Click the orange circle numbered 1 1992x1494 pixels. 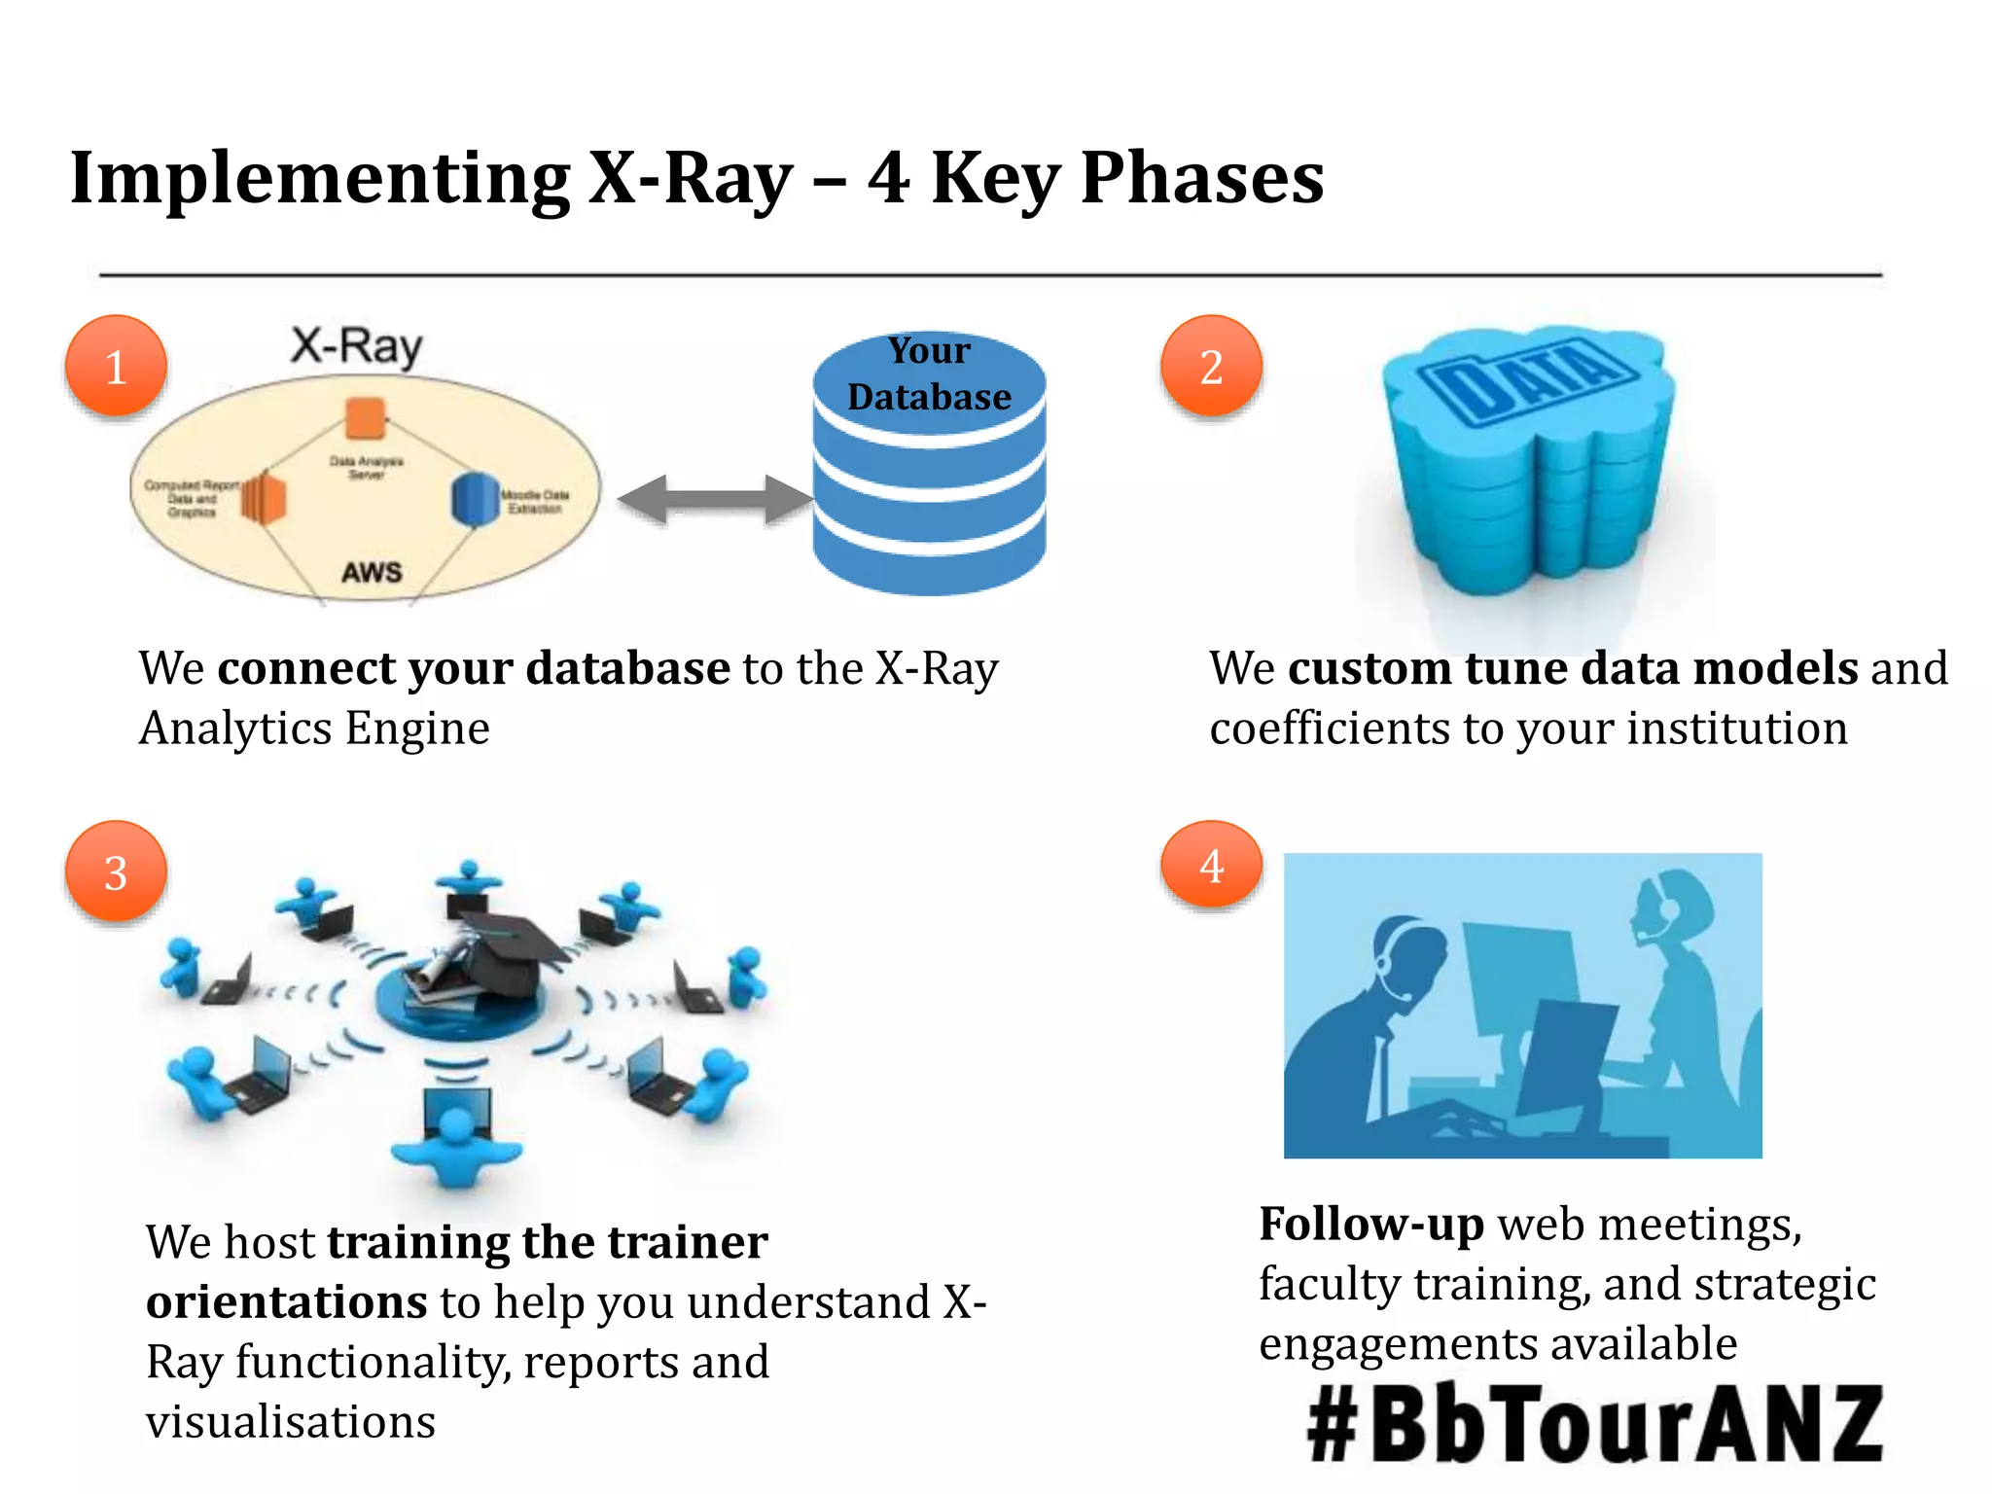(x=116, y=367)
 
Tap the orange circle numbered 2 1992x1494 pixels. (x=1211, y=367)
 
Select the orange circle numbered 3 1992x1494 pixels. (x=116, y=872)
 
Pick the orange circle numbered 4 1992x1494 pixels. (x=1211, y=866)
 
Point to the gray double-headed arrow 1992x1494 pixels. (x=715, y=499)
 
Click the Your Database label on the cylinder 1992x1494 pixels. (x=929, y=373)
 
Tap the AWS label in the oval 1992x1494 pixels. (x=372, y=572)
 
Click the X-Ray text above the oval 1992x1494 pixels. (x=357, y=346)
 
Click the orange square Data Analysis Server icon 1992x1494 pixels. (x=366, y=419)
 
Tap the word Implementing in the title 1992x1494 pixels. (x=320, y=178)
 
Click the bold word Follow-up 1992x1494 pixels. (x=1370, y=1224)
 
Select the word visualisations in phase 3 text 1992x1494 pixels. (x=290, y=1422)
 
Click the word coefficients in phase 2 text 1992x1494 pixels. (x=1329, y=728)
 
